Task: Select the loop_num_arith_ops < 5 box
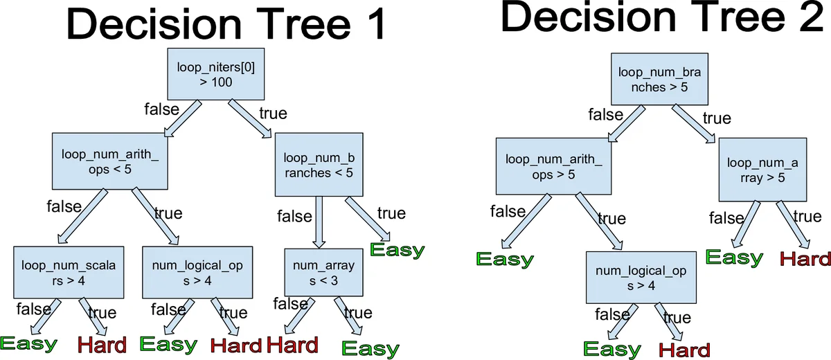coord(110,161)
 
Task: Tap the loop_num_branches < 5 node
coord(319,164)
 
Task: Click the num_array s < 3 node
coord(323,272)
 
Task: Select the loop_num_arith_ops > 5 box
coord(553,166)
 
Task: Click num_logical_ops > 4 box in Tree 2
coord(641,277)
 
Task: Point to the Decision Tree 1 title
coord(225,26)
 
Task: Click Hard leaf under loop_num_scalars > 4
coord(102,344)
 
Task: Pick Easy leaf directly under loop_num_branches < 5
coord(397,251)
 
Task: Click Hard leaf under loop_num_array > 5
coord(805,259)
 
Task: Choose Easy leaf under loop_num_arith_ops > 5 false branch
coord(505,260)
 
